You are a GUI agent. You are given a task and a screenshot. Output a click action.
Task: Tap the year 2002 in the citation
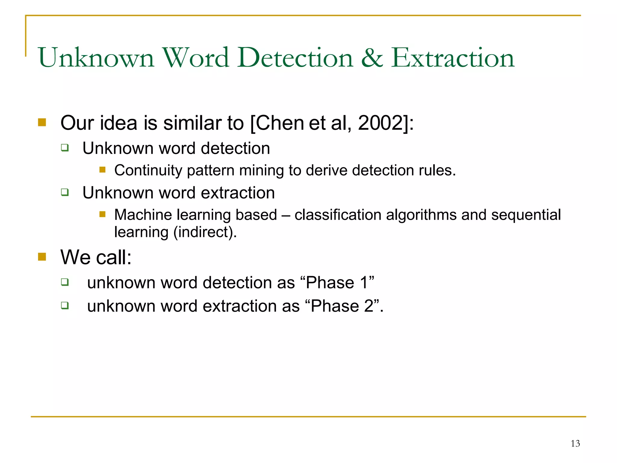[381, 123]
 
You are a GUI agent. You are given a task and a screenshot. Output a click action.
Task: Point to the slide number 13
[575, 443]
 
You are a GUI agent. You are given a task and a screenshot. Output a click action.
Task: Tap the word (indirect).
[205, 232]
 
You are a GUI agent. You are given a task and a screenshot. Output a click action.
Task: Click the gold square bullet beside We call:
[42, 257]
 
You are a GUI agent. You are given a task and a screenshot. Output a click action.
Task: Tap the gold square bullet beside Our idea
[42, 122]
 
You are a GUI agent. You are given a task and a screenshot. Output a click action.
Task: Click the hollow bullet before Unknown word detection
[65, 148]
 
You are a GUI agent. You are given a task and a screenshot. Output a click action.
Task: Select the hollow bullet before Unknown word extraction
[65, 192]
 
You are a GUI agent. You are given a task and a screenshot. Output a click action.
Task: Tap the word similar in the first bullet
[193, 123]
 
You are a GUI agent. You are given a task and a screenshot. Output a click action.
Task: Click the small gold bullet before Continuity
[102, 170]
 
